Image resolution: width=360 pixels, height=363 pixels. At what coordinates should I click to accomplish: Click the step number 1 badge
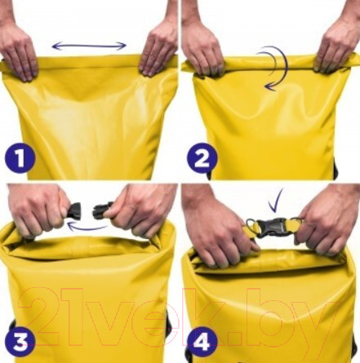click(20, 159)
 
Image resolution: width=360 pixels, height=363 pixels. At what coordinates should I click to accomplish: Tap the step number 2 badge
click(202, 159)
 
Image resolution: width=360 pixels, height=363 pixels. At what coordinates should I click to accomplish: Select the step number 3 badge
click(20, 341)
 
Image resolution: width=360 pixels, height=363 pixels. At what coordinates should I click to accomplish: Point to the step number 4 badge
click(202, 341)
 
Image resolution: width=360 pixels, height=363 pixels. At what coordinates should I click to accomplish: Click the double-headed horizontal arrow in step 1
click(89, 46)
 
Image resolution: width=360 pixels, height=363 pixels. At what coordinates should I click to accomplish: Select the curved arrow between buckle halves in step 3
click(87, 227)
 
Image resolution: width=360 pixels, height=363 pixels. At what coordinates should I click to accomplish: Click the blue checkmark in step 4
click(275, 201)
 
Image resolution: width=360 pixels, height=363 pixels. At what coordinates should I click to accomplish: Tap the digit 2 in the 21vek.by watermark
click(41, 317)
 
